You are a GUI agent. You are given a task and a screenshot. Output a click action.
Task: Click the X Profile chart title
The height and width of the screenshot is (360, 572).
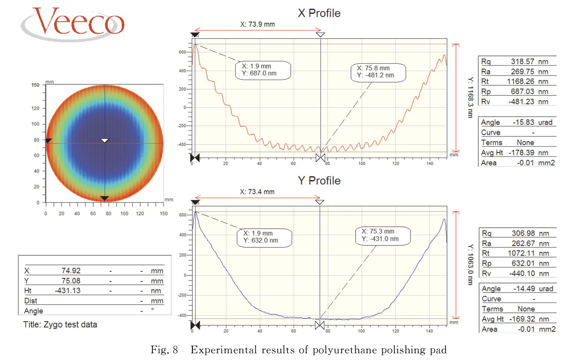tap(319, 13)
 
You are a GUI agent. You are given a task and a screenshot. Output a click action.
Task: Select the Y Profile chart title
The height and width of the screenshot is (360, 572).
tap(319, 180)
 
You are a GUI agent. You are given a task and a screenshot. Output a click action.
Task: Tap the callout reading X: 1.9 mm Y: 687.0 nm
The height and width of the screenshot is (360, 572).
tap(263, 70)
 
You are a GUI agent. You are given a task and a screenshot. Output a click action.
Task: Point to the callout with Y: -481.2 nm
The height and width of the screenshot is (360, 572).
tap(378, 71)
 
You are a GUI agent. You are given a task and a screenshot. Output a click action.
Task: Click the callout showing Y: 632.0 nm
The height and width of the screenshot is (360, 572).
tap(264, 237)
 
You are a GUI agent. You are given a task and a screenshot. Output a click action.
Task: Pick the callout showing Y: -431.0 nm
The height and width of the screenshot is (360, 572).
tap(382, 235)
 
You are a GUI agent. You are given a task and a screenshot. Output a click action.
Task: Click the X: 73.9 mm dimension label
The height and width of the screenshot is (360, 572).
tap(257, 24)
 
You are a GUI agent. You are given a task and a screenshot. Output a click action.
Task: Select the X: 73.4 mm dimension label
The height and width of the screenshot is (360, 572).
tap(257, 192)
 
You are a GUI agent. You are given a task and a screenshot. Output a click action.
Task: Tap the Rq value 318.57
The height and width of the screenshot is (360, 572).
tap(521, 61)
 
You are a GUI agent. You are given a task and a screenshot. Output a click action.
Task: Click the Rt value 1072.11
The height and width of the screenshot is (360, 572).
tap(521, 253)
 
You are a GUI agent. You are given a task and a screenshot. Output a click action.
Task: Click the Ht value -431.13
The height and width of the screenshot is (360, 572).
tap(67, 290)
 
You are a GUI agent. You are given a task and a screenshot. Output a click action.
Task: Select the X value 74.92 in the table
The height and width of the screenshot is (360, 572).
tap(71, 271)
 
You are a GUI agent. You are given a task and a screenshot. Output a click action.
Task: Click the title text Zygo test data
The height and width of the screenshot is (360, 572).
tap(60, 324)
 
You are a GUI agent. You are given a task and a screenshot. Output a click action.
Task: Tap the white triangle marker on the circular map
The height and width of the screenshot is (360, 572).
tap(105, 140)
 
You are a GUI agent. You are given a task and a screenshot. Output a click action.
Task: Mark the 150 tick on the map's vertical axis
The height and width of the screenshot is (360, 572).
tap(35, 85)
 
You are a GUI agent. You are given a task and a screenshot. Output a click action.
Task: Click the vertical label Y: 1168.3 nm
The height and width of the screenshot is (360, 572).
tap(470, 98)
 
